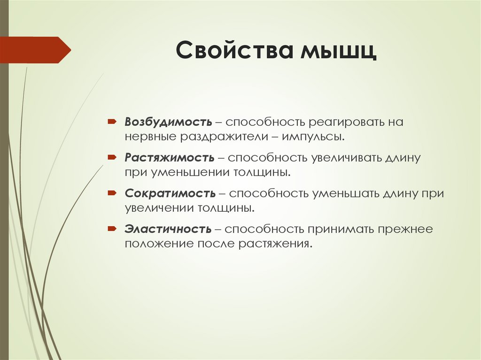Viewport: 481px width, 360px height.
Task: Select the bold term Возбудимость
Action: pyautogui.click(x=168, y=123)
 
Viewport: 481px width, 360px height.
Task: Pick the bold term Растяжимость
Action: pyautogui.click(x=170, y=157)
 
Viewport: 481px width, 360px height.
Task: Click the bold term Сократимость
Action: pyautogui.click(x=171, y=193)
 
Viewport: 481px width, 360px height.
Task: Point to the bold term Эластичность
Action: pyautogui.click(x=168, y=229)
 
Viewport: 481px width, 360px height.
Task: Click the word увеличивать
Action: pyautogui.click(x=352, y=157)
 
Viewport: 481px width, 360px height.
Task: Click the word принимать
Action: pyautogui.click(x=341, y=229)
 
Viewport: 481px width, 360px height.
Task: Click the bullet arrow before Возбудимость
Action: pyautogui.click(x=111, y=122)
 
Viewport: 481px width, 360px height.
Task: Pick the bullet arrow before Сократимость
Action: pyautogui.click(x=111, y=192)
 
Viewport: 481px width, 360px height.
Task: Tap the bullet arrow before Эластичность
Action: pyautogui.click(x=111, y=229)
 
